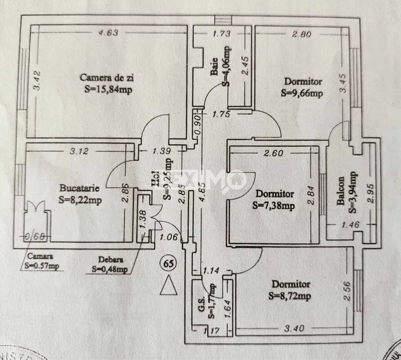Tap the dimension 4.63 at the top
pyautogui.click(x=109, y=33)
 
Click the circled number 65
pyautogui.click(x=168, y=263)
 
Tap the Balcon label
pyautogui.click(x=341, y=192)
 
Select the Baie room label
pyautogui.click(x=214, y=69)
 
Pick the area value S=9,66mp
pyautogui.click(x=302, y=93)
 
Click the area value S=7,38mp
pyautogui.click(x=274, y=205)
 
